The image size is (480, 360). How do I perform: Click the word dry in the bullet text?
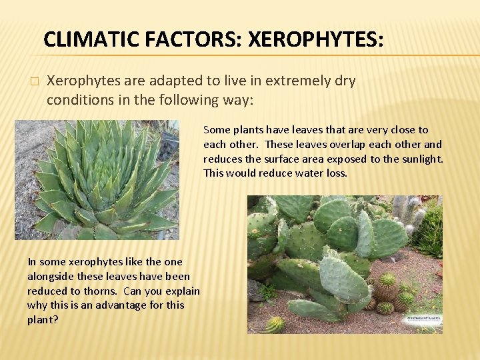[x=345, y=81]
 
